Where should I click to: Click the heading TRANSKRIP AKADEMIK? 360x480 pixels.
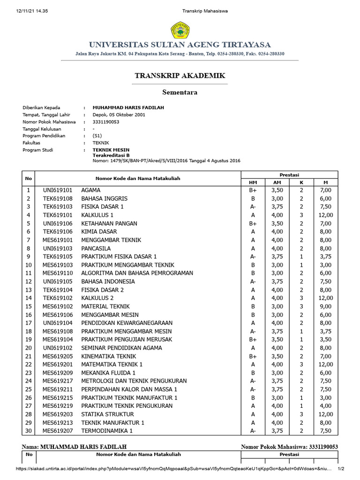tap(180, 75)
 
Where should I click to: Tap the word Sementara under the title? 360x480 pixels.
tap(180, 92)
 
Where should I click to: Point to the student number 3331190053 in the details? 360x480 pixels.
tap(106, 122)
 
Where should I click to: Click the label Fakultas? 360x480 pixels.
tap(31, 142)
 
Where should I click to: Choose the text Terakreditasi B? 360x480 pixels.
tap(111, 155)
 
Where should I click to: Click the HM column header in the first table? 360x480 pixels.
tap(253, 182)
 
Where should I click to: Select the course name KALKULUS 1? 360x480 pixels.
tap(97, 215)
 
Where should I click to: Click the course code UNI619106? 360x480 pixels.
tap(58, 224)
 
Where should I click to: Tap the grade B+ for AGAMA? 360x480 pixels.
tap(253, 190)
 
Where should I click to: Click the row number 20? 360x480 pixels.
tap(28, 348)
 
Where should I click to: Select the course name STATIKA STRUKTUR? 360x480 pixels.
tap(107, 414)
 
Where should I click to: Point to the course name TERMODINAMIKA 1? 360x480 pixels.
tap(107, 431)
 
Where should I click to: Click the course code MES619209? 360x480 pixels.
tap(58, 373)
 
